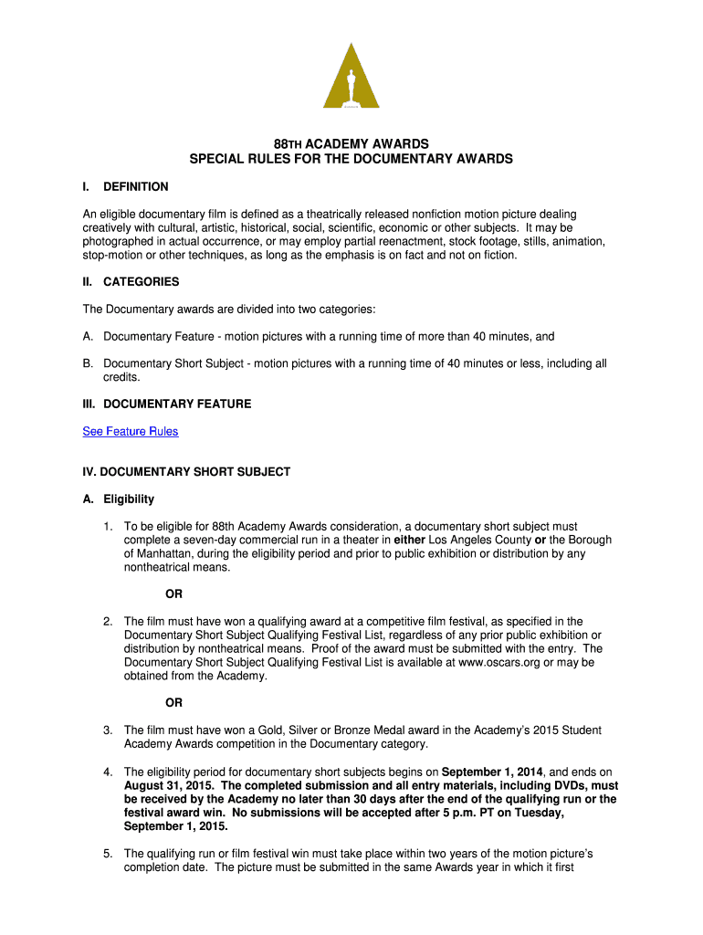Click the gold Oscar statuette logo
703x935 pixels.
coord(351,77)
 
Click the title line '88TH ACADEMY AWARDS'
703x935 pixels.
coord(351,144)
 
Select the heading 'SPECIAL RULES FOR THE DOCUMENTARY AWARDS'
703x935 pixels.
coord(351,159)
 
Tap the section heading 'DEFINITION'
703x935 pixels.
coord(136,186)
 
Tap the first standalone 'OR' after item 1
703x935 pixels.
coord(173,594)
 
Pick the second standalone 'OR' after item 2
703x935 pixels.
coord(173,703)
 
